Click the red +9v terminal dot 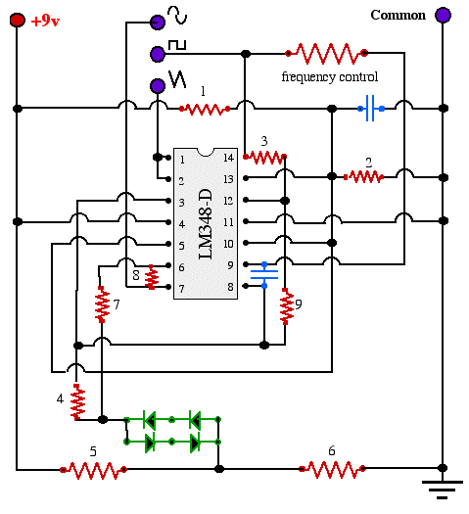[x=17, y=20]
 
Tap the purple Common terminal [x=443, y=15]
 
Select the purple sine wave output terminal [x=158, y=22]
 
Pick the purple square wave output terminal [x=158, y=54]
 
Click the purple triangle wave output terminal [x=158, y=86]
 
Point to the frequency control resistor [x=326, y=53]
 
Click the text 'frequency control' [x=330, y=76]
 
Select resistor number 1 [x=205, y=109]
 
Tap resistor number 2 [x=364, y=177]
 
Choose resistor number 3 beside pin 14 [x=264, y=157]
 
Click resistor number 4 [x=77, y=401]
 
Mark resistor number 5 [x=93, y=470]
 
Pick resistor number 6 [x=332, y=469]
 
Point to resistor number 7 [x=102, y=304]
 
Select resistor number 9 [x=286, y=306]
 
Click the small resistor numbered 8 [x=152, y=277]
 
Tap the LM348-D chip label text [x=206, y=224]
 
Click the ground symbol [x=443, y=490]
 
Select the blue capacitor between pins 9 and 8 [x=264, y=275]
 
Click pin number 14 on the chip [x=229, y=158]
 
